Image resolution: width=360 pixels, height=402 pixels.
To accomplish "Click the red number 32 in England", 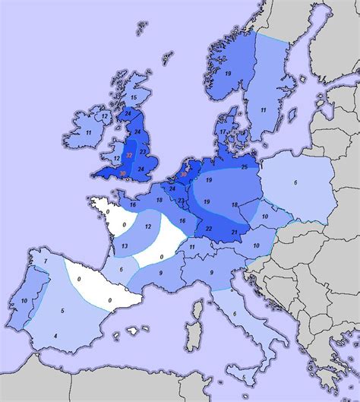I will [130, 154].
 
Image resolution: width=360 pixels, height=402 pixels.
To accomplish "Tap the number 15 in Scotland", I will [133, 98].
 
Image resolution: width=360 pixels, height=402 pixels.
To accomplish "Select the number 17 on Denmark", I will [223, 131].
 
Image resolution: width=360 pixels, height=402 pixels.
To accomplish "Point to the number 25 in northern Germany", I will [244, 166].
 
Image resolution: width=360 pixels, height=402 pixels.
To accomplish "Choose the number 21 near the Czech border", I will [235, 231].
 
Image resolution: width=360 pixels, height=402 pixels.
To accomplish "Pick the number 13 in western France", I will [125, 247].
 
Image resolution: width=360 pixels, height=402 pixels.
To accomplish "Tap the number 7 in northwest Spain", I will [45, 262].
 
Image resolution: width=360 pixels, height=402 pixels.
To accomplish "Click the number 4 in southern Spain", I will [55, 335].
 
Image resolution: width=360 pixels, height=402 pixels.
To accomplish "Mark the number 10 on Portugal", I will [25, 301].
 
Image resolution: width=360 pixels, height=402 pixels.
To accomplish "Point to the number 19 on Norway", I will [228, 72].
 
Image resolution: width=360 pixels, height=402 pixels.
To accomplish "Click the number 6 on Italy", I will [235, 314].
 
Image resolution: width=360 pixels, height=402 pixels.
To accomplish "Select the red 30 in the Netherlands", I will [183, 174].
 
